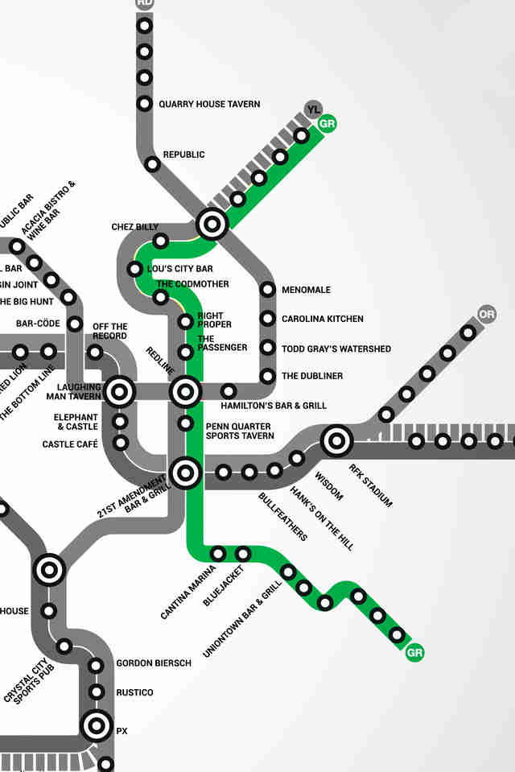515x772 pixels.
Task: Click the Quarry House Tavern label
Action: coord(209,104)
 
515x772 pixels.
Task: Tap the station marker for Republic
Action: coord(152,164)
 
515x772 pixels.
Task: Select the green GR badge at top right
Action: coord(327,124)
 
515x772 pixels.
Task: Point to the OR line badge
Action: coord(486,314)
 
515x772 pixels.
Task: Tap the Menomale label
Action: coord(306,290)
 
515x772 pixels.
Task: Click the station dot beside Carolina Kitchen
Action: coord(268,319)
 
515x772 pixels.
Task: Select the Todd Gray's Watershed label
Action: coord(336,349)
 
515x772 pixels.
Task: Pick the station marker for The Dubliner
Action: coord(268,376)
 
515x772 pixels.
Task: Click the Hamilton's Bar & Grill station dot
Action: coord(229,391)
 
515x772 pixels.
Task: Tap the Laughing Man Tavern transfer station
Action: coord(120,392)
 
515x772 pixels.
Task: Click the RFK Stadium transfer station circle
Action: coord(336,441)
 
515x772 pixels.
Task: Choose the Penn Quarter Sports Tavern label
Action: coord(240,431)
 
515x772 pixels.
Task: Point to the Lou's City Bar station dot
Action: coord(134,269)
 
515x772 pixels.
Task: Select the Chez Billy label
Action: coord(134,227)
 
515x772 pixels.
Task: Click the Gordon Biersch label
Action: coord(154,663)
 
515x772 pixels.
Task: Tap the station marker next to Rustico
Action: coord(97,692)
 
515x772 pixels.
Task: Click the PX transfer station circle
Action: coord(97,726)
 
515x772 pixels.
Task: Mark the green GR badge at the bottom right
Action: coord(415,652)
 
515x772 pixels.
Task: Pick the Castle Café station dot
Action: coord(121,443)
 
